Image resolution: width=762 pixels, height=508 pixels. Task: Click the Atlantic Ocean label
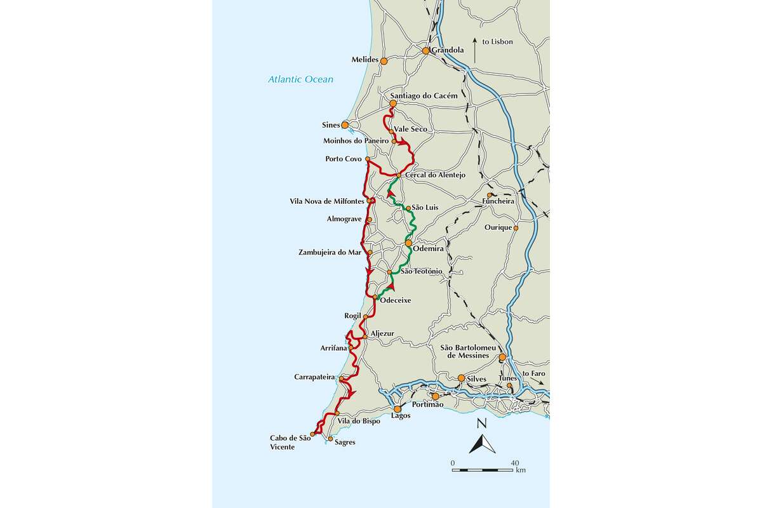(x=300, y=80)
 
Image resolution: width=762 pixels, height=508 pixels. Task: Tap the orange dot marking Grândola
(x=426, y=51)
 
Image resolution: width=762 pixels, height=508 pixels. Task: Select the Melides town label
(x=364, y=60)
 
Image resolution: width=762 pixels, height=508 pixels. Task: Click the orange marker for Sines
(x=345, y=125)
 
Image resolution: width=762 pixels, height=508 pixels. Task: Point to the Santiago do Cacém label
(x=424, y=95)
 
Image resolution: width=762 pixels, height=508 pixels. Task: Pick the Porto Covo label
(x=343, y=159)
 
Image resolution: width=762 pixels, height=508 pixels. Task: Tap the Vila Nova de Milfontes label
(x=326, y=201)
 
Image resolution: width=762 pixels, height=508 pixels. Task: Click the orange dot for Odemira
(x=409, y=243)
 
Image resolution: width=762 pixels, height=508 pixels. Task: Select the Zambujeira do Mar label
(x=330, y=253)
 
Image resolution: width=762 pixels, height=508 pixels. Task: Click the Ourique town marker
(x=516, y=228)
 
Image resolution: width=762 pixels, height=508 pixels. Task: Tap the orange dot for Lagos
(x=398, y=409)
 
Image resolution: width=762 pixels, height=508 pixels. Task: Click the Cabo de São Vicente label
(x=290, y=443)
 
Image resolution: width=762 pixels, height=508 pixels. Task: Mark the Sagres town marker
(x=330, y=439)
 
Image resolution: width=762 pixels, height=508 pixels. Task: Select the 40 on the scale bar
(x=515, y=462)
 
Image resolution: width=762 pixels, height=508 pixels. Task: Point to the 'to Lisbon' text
(x=497, y=42)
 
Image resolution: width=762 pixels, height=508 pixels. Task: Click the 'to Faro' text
(x=533, y=373)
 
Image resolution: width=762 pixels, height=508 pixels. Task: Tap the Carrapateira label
(x=314, y=377)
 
